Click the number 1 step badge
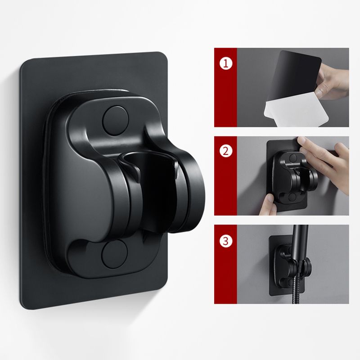(226, 63)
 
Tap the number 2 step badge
(226, 151)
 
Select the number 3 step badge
(226, 240)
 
